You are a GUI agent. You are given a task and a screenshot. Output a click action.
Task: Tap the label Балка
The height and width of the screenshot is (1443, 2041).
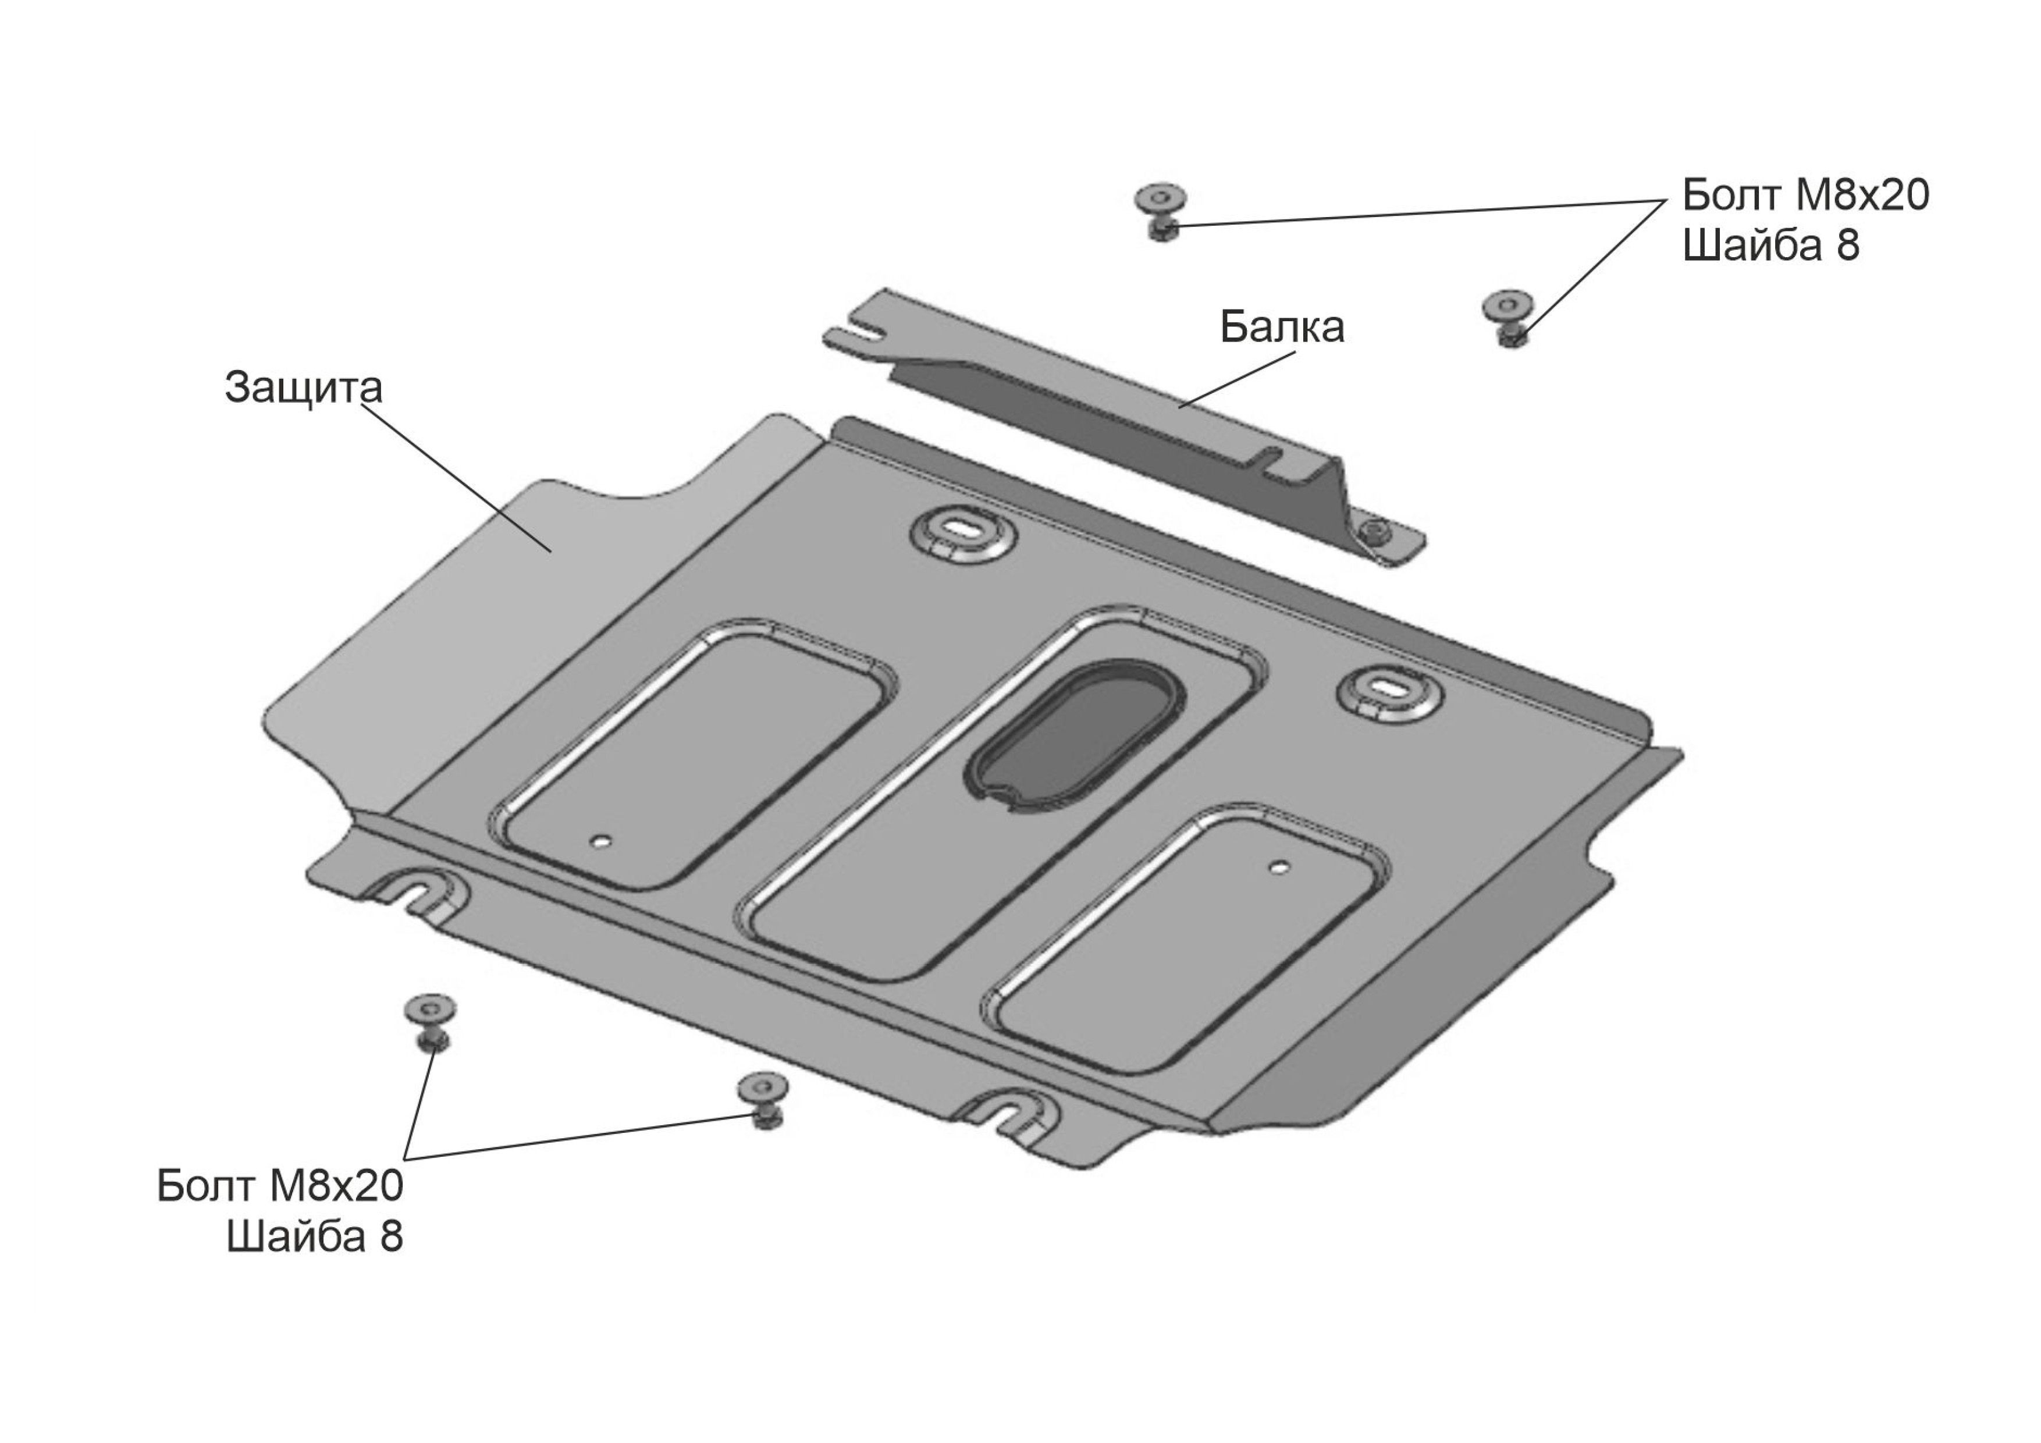click(x=1282, y=327)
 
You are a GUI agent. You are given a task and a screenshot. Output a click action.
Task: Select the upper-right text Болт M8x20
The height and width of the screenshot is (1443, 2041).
click(x=1805, y=195)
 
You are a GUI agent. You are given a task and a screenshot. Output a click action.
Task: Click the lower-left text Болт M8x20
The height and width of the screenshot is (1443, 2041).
click(x=280, y=1185)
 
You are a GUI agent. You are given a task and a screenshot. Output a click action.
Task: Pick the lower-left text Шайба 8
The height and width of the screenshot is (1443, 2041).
click(x=315, y=1236)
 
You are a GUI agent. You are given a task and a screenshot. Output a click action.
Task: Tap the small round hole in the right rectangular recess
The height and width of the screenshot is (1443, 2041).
click(x=1278, y=866)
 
